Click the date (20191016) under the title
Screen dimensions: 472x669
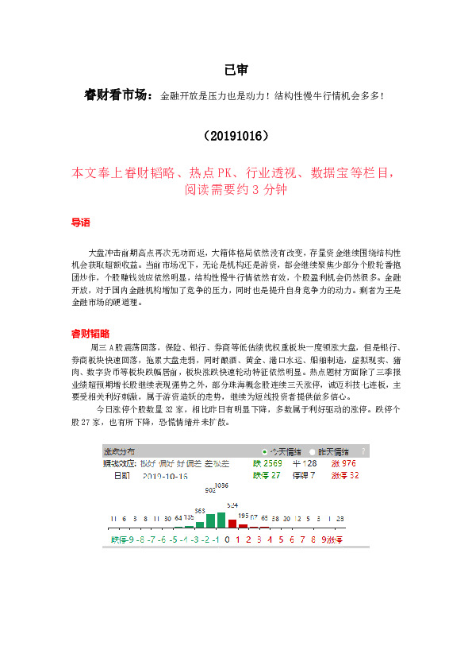[236, 135]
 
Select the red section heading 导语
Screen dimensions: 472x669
[81, 223]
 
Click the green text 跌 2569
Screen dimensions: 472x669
[267, 463]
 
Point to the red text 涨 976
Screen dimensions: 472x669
[343, 463]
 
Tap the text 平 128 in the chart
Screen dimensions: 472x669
[305, 463]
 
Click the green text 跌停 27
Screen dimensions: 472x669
[267, 475]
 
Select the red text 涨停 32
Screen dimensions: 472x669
[345, 475]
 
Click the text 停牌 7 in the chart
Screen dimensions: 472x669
[305, 475]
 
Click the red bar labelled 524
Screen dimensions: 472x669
[232, 522]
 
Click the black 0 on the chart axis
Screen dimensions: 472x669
[228, 539]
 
